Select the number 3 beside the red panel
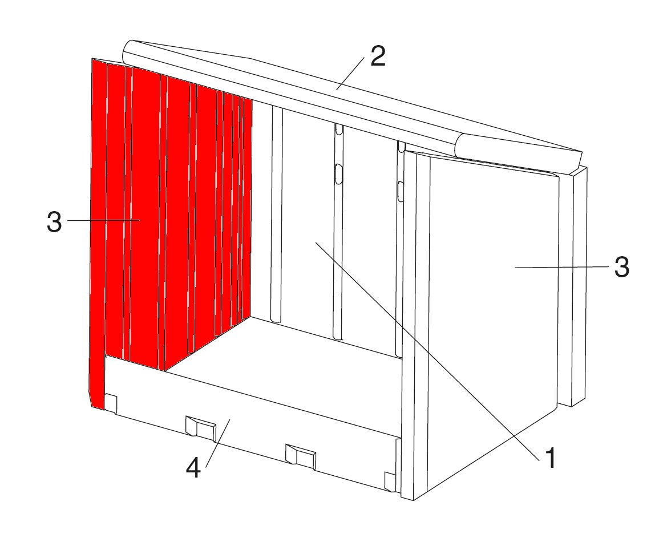point(54,222)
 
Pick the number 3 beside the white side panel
point(621,266)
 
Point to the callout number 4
point(193,467)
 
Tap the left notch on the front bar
point(200,427)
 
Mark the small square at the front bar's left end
point(111,403)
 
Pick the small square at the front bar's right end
point(390,482)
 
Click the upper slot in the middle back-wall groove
point(339,130)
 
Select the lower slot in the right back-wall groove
point(400,192)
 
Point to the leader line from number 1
point(430,350)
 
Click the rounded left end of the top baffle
point(130,54)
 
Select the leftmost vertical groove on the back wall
point(276,213)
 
